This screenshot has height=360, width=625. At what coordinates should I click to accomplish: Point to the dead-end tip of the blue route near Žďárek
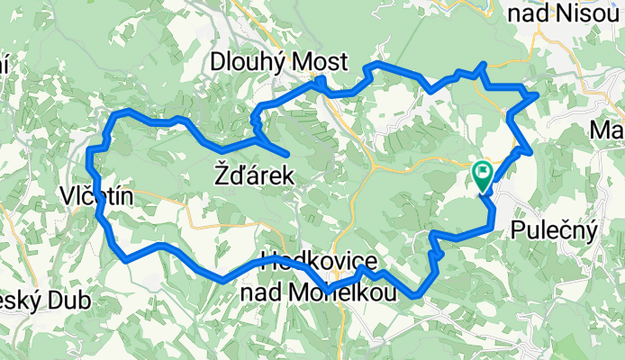286,155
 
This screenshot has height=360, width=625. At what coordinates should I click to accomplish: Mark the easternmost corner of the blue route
537,94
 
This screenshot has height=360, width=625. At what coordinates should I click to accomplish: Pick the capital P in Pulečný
517,229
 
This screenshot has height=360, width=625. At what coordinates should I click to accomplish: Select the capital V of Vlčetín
66,195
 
